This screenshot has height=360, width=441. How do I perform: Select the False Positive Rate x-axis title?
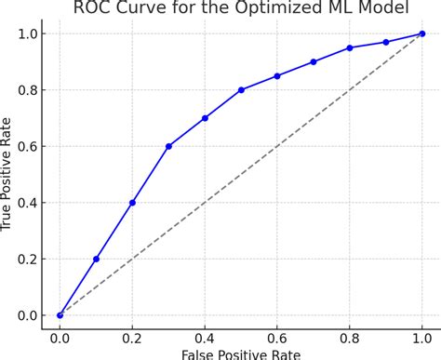pos(241,353)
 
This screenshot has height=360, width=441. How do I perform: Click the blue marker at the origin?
pos(60,315)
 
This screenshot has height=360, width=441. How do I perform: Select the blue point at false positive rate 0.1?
pos(96,259)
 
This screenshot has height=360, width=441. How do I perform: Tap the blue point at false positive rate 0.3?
pos(168,146)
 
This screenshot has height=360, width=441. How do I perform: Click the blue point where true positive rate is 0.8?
pos(241,90)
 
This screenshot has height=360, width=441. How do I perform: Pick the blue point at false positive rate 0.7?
pos(314,61)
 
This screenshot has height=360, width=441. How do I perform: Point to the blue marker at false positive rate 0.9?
pos(386,42)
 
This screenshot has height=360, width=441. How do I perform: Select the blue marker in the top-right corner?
pos(422,33)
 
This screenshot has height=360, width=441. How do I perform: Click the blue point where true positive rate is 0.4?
pos(132,203)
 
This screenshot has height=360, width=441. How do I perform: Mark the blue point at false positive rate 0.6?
pos(277,75)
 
